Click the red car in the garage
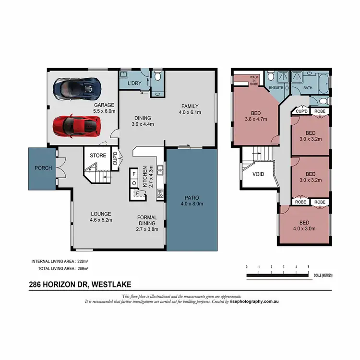77,126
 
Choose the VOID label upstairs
258,174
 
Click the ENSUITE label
276,88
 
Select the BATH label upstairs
308,88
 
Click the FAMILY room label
190,106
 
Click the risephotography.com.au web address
254,302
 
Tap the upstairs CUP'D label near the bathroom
301,111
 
